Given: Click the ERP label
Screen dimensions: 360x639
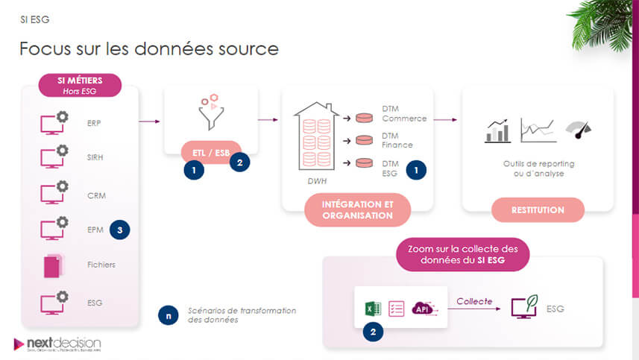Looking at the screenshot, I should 93,122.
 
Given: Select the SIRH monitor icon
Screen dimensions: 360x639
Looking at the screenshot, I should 53,157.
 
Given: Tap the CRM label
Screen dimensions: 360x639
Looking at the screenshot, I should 95,195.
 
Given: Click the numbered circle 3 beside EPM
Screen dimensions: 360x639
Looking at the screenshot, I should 119,230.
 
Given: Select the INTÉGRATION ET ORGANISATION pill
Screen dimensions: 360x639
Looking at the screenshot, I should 357,209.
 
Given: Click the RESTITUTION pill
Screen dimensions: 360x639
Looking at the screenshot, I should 537,210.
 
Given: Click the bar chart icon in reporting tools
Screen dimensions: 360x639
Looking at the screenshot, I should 497,131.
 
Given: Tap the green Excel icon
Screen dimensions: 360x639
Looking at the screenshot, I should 372,308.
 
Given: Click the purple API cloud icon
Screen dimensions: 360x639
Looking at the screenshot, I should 424,308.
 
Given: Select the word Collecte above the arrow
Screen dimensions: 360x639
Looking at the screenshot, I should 474,301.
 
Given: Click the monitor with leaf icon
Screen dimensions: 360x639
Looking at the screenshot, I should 524,308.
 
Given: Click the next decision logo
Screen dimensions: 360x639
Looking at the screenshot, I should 57,344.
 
